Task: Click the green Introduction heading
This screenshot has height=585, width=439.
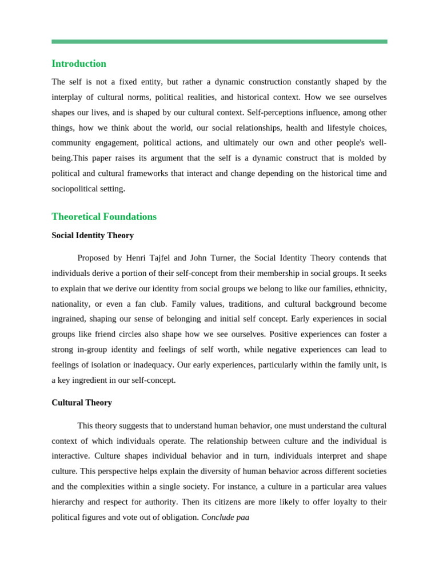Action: click(79, 63)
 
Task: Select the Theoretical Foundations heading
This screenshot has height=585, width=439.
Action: click(104, 217)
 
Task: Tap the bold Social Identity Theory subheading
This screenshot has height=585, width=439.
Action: click(93, 235)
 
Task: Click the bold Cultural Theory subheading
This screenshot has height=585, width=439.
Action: click(82, 403)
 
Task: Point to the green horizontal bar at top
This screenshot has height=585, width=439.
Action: click(219, 42)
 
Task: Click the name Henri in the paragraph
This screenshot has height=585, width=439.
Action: click(136, 258)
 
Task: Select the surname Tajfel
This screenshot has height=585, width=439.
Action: click(160, 258)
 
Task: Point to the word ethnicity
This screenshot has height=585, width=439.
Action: click(370, 289)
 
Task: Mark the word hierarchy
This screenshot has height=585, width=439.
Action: click(67, 502)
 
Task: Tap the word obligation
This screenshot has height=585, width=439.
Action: click(178, 517)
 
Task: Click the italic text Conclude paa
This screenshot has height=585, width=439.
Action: click(225, 517)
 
